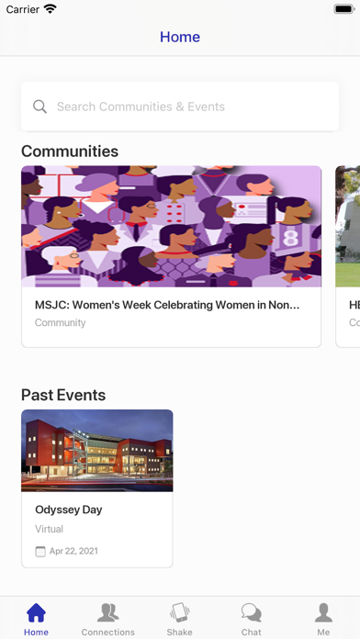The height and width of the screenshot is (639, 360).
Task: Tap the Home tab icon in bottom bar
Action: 36,613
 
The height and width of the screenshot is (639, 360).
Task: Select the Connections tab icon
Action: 107,613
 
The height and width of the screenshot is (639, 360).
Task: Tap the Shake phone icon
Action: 179,613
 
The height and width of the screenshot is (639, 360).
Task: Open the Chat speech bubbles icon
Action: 251,613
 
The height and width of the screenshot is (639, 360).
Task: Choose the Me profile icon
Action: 323,613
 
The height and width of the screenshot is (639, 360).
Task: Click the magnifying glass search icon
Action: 39,106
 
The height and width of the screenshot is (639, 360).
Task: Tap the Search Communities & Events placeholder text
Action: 141,106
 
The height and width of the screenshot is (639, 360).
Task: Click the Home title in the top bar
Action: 180,37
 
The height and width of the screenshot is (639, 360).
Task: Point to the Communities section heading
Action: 70,151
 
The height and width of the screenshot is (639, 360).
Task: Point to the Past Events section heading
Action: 63,395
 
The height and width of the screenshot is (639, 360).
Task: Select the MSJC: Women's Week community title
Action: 167,305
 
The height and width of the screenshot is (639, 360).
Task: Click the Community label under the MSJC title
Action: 61,323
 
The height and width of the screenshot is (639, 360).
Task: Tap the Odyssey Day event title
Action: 69,510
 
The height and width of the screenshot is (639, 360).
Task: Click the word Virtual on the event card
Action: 49,529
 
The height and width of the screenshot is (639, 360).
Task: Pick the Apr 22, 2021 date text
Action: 73,552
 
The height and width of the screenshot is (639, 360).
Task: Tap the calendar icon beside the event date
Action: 40,552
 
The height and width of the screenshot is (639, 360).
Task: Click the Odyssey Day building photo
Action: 97,450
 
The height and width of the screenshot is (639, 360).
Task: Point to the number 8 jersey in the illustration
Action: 290,238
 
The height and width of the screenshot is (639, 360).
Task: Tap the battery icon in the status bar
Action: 344,9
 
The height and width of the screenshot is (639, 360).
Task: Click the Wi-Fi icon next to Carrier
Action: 51,8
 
